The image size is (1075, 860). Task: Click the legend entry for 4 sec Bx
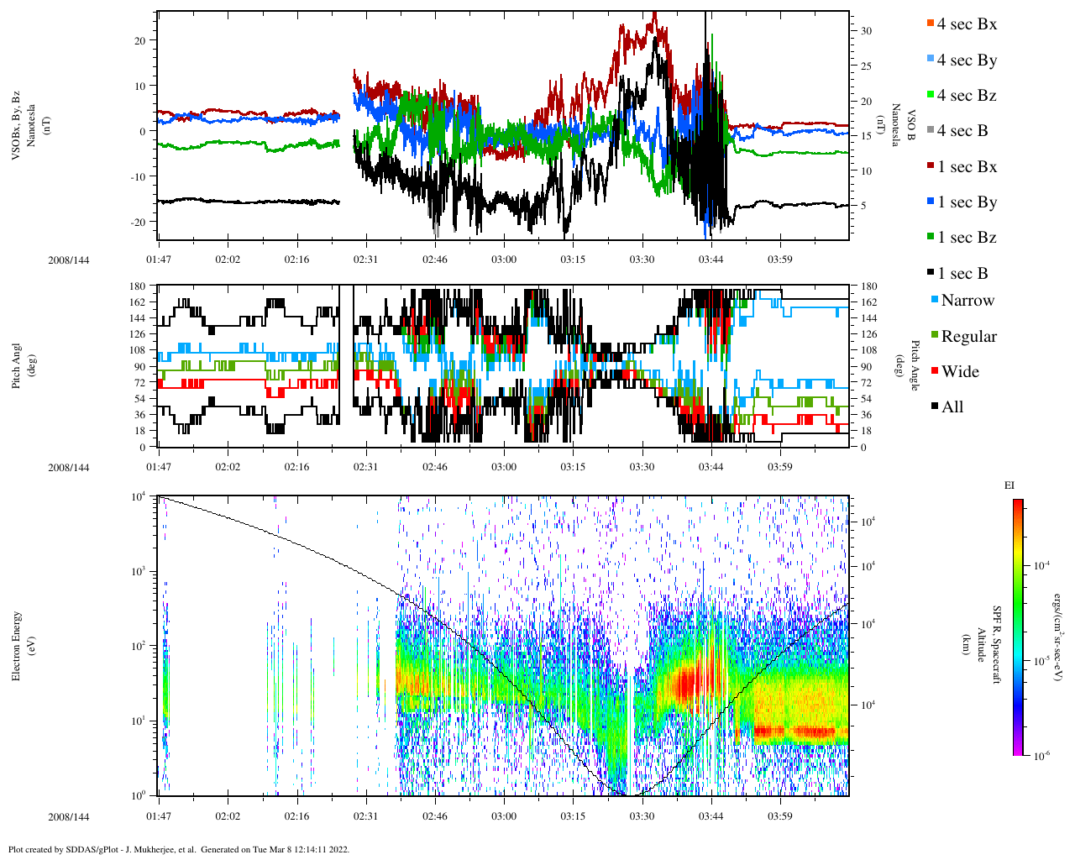[966, 24]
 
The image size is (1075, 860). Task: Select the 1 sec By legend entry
[966, 202]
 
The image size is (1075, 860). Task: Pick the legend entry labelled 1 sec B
[962, 274]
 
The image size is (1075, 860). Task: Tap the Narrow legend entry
[967, 301]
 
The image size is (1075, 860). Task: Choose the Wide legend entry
[959, 372]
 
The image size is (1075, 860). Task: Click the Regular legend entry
[967, 337]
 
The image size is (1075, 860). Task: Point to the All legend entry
[952, 407]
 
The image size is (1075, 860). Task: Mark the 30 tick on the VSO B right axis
[866, 31]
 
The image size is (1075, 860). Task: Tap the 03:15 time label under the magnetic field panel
[573, 260]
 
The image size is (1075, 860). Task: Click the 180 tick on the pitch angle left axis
[138, 286]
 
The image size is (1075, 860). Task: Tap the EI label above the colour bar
[1009, 485]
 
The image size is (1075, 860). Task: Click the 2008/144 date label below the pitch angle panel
[68, 468]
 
